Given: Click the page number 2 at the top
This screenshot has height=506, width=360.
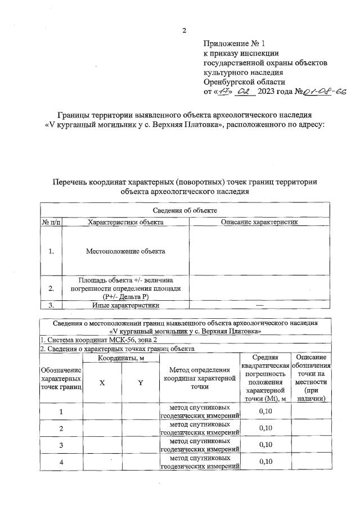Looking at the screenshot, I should point(184,30).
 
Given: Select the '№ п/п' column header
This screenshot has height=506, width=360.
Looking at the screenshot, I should point(51,223).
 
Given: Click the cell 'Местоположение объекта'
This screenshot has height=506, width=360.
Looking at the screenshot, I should point(125,251).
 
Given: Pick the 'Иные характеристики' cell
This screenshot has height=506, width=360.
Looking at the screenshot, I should point(125,305).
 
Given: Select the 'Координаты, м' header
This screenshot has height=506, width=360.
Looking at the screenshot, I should point(121,358).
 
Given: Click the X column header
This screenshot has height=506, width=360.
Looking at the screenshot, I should point(102,382).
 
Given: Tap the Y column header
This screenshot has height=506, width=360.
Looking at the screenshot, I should point(141,382).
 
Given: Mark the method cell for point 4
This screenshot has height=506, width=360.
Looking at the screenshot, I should point(200,462).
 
